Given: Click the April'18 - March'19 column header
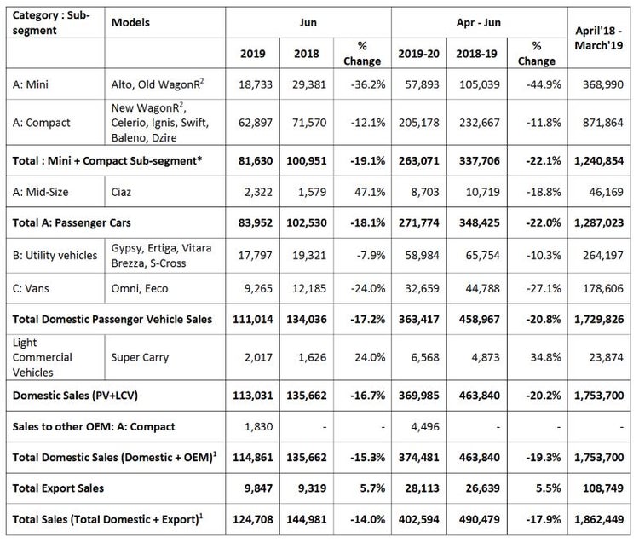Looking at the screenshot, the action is coord(599,38).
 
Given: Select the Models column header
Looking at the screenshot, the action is coord(130,22).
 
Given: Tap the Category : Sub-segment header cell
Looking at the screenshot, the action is coord(51,22).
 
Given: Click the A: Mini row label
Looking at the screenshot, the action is coord(30,84).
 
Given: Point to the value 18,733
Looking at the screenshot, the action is coord(256,84).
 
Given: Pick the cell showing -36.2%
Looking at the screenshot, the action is coord(367,84).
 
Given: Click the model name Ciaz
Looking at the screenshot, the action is coord(121,192).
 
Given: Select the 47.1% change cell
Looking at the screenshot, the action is coord(370,192).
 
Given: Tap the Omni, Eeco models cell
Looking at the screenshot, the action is coord(140,288).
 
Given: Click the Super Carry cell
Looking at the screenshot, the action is coord(140,357).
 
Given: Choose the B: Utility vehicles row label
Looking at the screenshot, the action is coord(55,255).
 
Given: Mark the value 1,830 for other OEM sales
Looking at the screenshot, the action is coord(258,426).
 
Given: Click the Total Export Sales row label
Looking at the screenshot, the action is coord(58,488).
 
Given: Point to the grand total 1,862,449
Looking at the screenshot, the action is coord(599,519).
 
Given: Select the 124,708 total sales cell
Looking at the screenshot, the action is coord(253,519).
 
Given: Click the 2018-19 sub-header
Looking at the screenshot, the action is coord(476,54).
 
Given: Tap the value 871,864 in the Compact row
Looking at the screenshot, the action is coord(602,122).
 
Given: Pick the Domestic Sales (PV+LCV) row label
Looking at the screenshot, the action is coord(75,395).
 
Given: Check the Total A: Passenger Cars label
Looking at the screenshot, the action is coord(72,222).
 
